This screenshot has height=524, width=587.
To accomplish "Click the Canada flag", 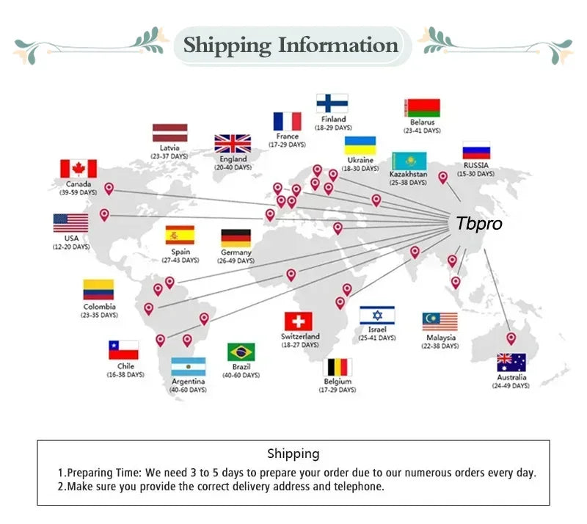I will pyautogui.click(x=78, y=169).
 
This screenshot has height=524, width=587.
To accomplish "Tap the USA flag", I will pyautogui.click(x=70, y=223).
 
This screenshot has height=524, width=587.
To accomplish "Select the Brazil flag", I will pyautogui.click(x=241, y=352).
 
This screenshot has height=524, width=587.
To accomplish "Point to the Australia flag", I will pyautogui.click(x=511, y=363).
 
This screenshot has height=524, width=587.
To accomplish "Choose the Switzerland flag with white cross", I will pyautogui.click(x=299, y=321).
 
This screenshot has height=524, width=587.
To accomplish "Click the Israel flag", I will pyautogui.click(x=377, y=316).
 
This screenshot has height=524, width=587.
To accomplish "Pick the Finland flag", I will pyautogui.click(x=332, y=103).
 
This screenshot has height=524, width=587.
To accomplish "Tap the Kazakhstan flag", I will pyautogui.click(x=409, y=161).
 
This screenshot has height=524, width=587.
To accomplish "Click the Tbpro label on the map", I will pyautogui.click(x=479, y=224).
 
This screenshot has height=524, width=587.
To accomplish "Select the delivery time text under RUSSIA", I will pyautogui.click(x=476, y=174).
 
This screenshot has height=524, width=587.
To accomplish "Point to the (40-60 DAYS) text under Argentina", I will pyautogui.click(x=188, y=390).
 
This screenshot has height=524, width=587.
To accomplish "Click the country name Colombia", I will pyautogui.click(x=99, y=307).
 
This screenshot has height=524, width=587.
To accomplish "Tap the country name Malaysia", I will pyautogui.click(x=440, y=338).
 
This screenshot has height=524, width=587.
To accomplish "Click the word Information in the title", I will pyautogui.click(x=338, y=46).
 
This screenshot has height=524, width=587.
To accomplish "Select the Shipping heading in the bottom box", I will pyautogui.click(x=293, y=454).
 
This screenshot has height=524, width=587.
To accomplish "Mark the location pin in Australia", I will pyautogui.click(x=511, y=338).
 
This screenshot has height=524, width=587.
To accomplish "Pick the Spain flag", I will pyautogui.click(x=180, y=235).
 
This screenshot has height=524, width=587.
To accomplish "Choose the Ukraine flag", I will pyautogui.click(x=360, y=145).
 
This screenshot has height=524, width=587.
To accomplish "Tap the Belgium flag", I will pyautogui.click(x=338, y=367).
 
